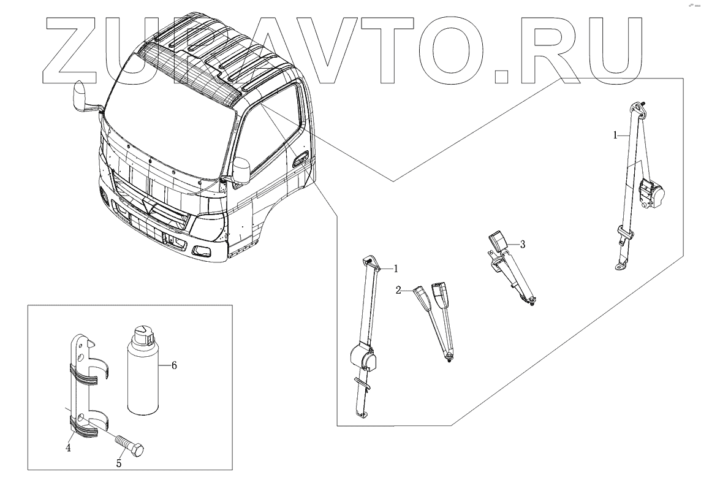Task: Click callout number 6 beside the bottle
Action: click(174, 365)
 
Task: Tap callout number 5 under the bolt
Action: click(119, 463)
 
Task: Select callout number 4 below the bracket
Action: click(69, 448)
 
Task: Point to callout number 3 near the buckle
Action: click(522, 244)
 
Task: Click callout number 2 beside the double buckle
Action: click(398, 290)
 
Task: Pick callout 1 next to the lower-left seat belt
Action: click(396, 268)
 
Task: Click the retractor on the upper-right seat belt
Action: click(652, 195)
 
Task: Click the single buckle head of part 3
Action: click(496, 239)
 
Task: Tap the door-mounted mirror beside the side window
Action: click(240, 170)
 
